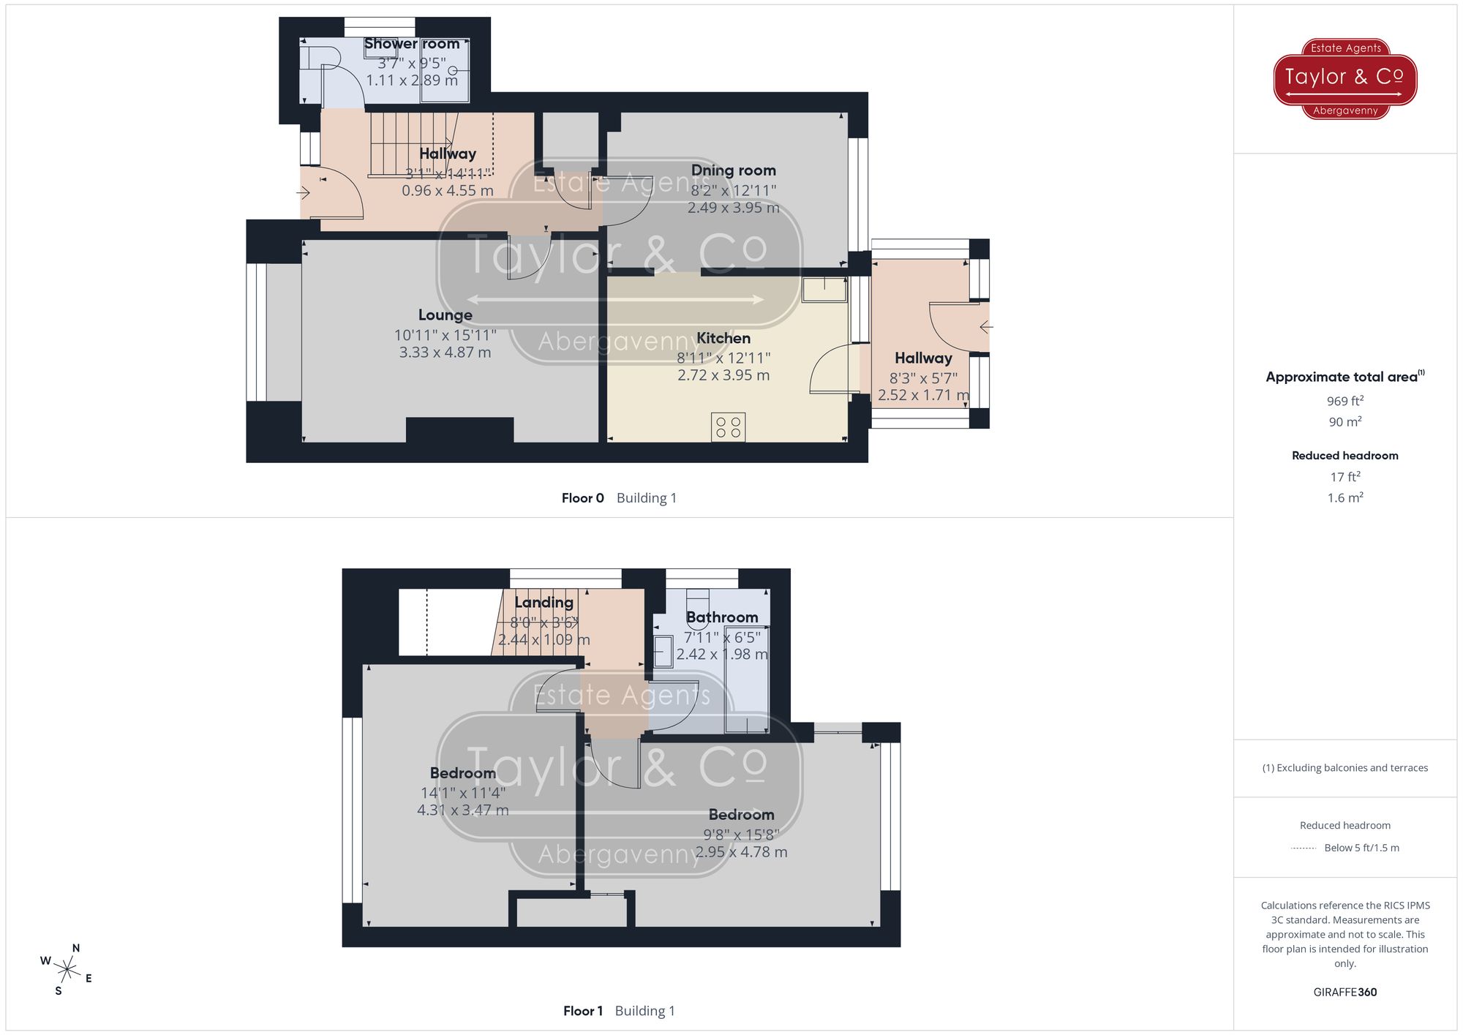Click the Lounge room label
(x=445, y=315)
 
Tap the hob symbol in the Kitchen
(x=728, y=427)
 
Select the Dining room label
(x=733, y=170)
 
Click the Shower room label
(x=412, y=44)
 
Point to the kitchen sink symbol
(x=824, y=290)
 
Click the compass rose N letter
(x=76, y=949)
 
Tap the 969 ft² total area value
(x=1344, y=401)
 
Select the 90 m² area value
(x=1344, y=422)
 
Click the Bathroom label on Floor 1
(x=721, y=617)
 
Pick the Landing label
(x=544, y=603)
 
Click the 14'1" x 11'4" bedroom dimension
(x=462, y=793)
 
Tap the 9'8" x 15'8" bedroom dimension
(x=741, y=835)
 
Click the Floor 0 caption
(x=582, y=498)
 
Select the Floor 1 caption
(x=583, y=1011)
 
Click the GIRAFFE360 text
(x=1344, y=993)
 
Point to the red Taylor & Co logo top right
(x=1344, y=78)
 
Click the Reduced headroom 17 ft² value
(x=1344, y=477)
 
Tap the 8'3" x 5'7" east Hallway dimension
(x=923, y=378)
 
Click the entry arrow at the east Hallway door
(x=985, y=327)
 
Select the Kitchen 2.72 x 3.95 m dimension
(x=723, y=375)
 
